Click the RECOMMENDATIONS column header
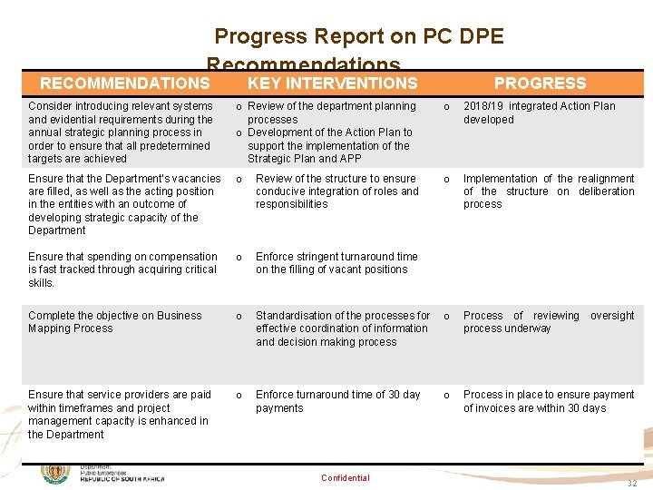click(x=125, y=83)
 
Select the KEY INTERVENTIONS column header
click(x=332, y=83)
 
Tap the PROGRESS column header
click(x=540, y=83)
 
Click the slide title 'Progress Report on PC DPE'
click(x=358, y=37)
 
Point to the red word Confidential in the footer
click(x=346, y=478)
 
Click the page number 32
click(x=632, y=484)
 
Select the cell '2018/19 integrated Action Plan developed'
click(x=539, y=113)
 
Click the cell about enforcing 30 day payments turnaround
click(x=337, y=401)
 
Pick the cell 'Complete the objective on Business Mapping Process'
click(x=115, y=322)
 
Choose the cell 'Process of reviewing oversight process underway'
click(x=548, y=322)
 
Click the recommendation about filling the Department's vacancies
click(x=124, y=204)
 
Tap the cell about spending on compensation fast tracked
click(x=122, y=269)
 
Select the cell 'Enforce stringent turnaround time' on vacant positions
click(x=336, y=263)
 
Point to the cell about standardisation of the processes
click(x=342, y=328)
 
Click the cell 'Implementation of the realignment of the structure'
click(x=548, y=191)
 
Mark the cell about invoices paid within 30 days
click(x=548, y=401)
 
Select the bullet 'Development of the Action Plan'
click(x=330, y=145)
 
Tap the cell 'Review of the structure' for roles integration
click(x=336, y=191)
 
